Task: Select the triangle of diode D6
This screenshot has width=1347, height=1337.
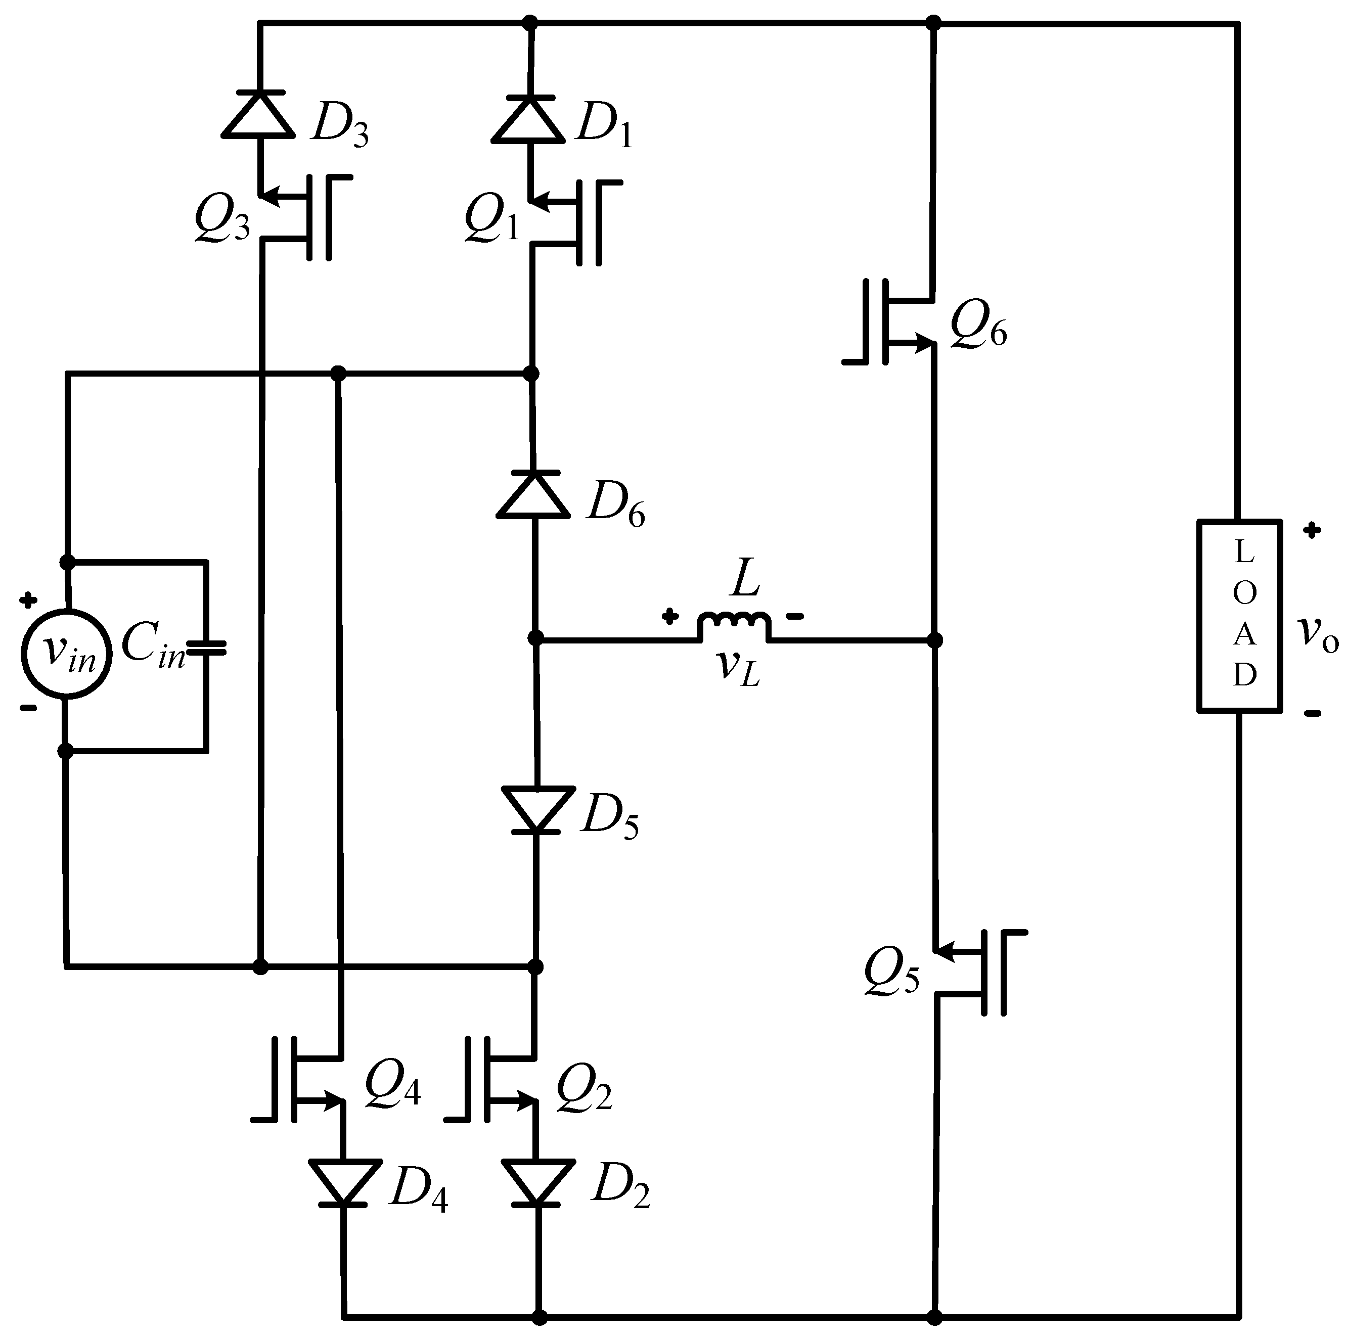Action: (533, 495)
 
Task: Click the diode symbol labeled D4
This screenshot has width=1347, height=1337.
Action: (344, 1183)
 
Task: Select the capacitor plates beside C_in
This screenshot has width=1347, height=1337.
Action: (207, 649)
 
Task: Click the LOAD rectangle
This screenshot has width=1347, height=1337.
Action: (1240, 616)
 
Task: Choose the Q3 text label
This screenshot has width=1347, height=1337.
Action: (221, 219)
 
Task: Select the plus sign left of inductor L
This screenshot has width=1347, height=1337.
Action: (669, 616)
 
